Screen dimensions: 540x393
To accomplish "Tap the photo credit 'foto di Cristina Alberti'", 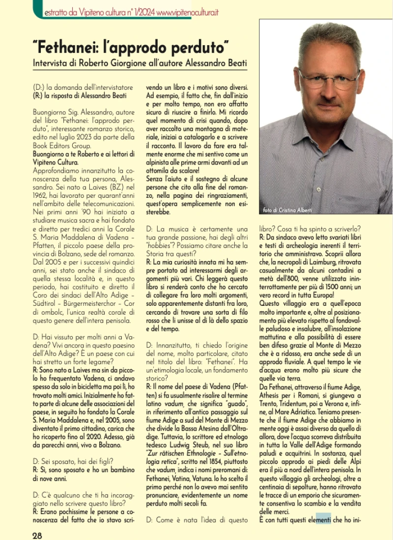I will click(287, 210).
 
